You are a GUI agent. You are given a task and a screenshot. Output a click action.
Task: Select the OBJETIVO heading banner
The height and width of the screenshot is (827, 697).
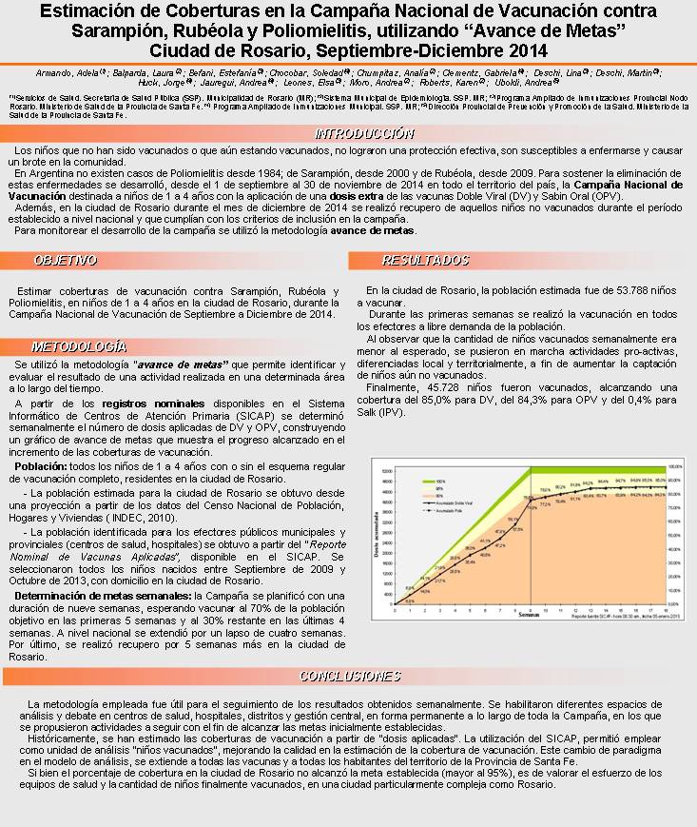click(x=66, y=260)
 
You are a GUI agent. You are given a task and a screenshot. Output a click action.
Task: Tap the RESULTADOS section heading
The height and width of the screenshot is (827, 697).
click(x=412, y=260)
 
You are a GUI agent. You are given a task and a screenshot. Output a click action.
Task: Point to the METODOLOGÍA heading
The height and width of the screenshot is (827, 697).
click(x=78, y=346)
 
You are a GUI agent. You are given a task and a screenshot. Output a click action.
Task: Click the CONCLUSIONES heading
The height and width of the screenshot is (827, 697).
click(x=349, y=676)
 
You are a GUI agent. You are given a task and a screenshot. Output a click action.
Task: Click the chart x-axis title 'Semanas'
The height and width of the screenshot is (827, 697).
click(x=529, y=615)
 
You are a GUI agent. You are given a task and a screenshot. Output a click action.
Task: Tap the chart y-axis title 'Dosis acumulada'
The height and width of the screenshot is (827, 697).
click(x=378, y=537)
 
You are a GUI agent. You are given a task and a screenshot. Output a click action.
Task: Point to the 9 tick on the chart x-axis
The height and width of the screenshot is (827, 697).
click(x=529, y=608)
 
